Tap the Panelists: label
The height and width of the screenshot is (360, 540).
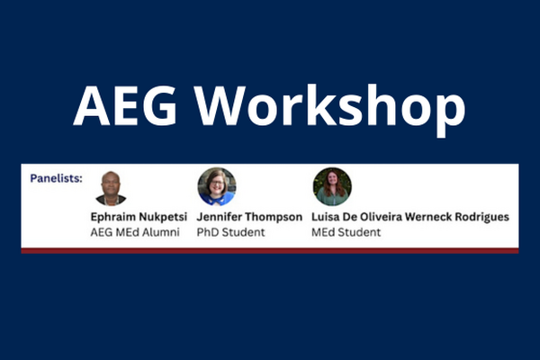[56, 177]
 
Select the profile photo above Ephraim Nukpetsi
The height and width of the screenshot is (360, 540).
[112, 188]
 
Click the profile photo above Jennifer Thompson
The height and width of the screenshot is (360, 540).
[216, 186]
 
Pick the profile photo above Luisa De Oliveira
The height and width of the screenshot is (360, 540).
[331, 186]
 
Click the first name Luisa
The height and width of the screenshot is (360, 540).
[327, 217]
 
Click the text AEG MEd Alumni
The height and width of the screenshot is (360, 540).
[135, 232]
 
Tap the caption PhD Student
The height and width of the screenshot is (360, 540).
[230, 232]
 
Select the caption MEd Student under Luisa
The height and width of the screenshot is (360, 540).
[346, 232]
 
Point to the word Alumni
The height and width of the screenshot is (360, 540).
[161, 232]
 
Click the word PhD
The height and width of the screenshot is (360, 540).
[208, 232]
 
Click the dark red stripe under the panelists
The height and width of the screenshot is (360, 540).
[270, 250]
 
